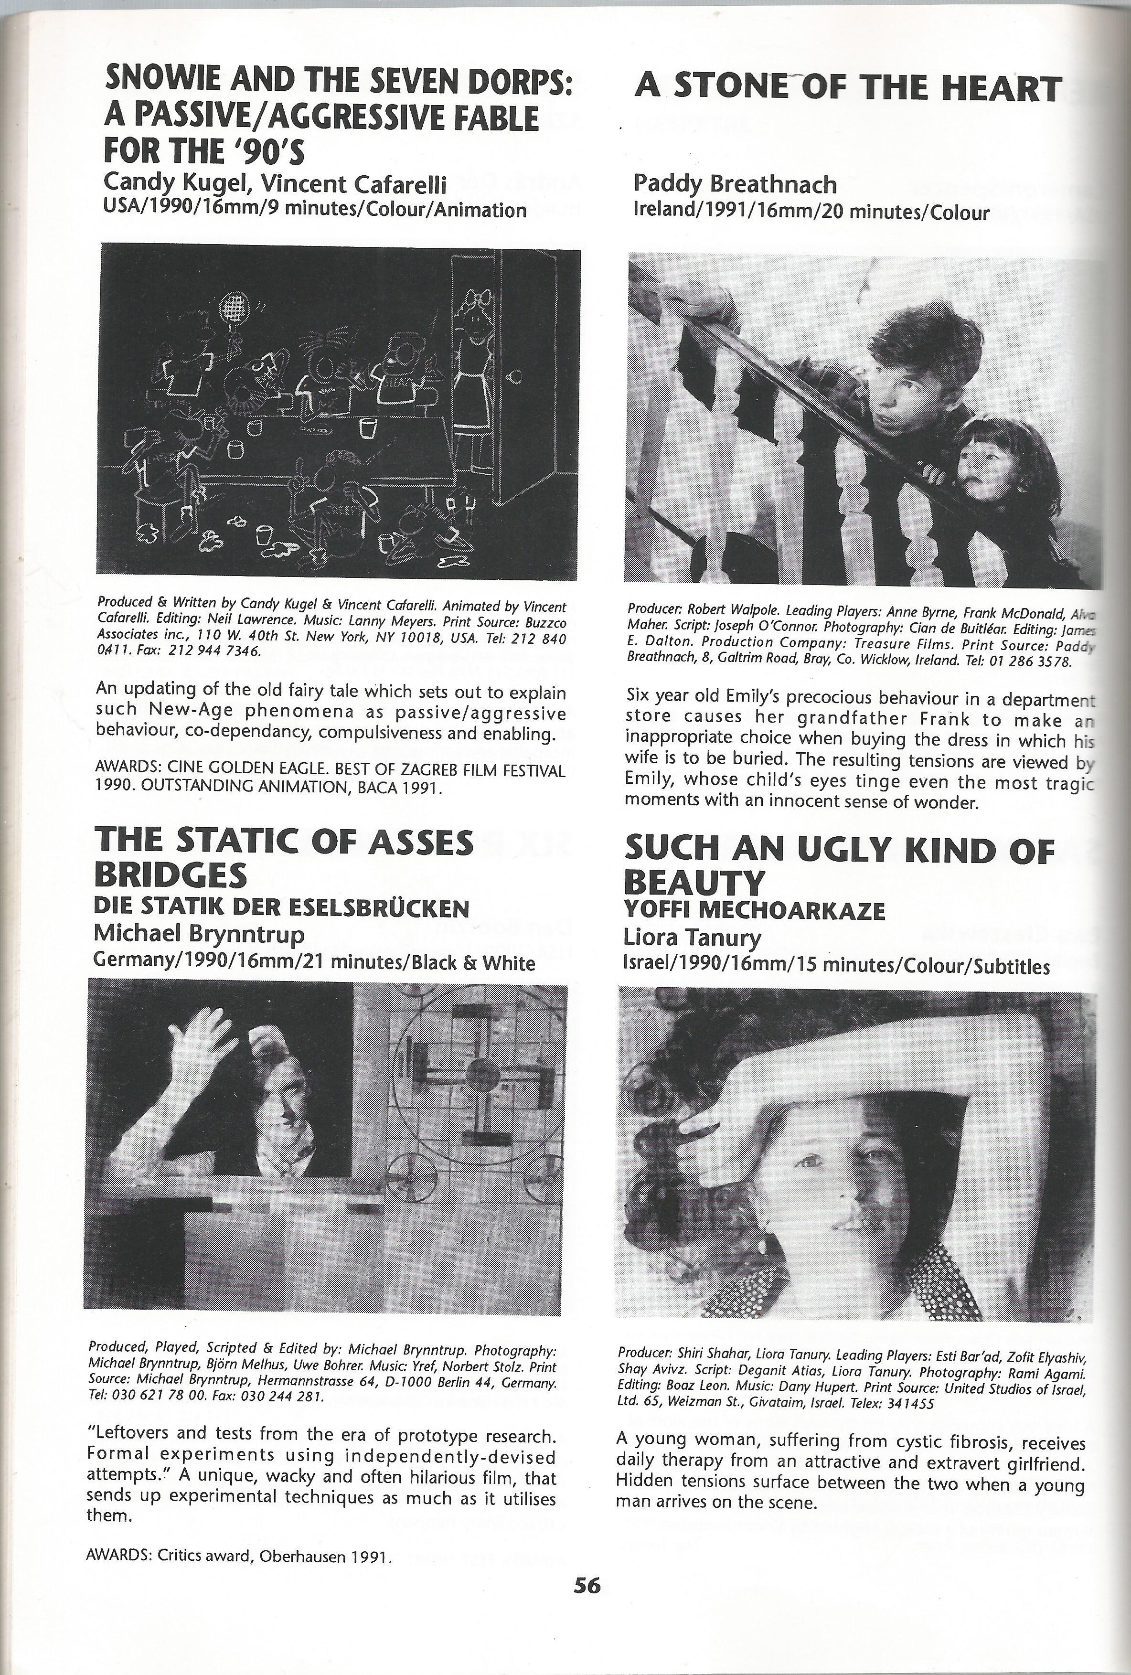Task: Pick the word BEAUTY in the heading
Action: pyautogui.click(x=694, y=882)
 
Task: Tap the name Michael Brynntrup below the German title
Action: pyautogui.click(x=199, y=934)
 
